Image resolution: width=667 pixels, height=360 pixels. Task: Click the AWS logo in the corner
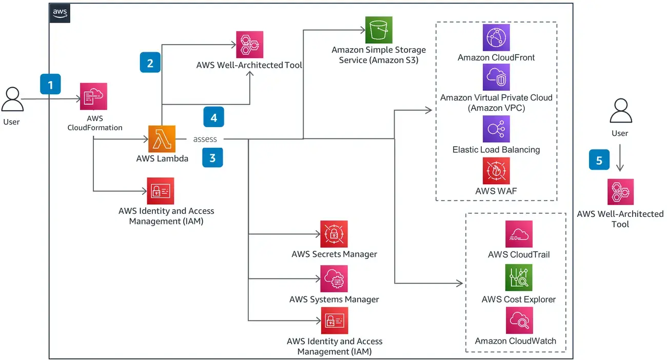pyautogui.click(x=60, y=14)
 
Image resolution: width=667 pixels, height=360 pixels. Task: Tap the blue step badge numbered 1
pyautogui.click(x=50, y=84)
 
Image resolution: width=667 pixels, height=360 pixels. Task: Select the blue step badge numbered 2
pyautogui.click(x=150, y=63)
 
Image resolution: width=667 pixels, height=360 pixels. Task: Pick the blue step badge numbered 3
pyautogui.click(x=212, y=157)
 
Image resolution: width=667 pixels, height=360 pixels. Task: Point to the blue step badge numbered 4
pyautogui.click(x=213, y=117)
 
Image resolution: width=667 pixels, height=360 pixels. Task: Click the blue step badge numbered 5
pyautogui.click(x=599, y=160)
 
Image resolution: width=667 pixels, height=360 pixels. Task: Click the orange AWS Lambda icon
pyautogui.click(x=162, y=138)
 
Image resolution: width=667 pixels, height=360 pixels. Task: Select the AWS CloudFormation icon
pyautogui.click(x=93, y=96)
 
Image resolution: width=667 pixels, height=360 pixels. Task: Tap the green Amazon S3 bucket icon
pyautogui.click(x=379, y=30)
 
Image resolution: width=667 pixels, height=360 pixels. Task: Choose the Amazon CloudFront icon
pyautogui.click(x=496, y=37)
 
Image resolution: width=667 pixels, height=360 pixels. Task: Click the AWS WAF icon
pyautogui.click(x=496, y=171)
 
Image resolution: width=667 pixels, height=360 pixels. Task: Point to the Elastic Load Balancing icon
pyautogui.click(x=496, y=129)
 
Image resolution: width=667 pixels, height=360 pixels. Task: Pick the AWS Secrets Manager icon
pyautogui.click(x=334, y=234)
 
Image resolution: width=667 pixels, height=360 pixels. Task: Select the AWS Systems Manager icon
pyautogui.click(x=334, y=278)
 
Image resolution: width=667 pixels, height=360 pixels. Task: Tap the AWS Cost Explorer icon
pyautogui.click(x=519, y=278)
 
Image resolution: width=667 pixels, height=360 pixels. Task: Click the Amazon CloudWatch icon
pyautogui.click(x=519, y=321)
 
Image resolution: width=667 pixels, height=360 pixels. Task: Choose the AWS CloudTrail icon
pyautogui.click(x=519, y=234)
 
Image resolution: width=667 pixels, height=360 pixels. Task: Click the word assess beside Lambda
pyautogui.click(x=205, y=139)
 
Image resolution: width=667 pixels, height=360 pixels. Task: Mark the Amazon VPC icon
pyautogui.click(x=496, y=77)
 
